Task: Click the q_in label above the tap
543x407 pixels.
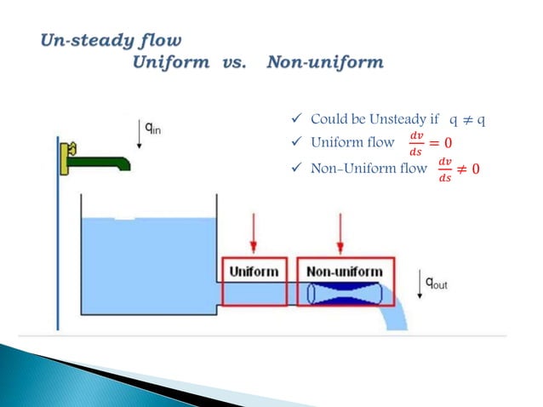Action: [154, 129]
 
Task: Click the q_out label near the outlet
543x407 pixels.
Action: [436, 284]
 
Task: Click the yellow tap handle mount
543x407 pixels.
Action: [63, 158]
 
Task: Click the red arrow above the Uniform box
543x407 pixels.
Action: [253, 234]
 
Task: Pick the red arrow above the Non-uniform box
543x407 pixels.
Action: [340, 234]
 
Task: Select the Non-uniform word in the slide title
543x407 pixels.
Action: [324, 62]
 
